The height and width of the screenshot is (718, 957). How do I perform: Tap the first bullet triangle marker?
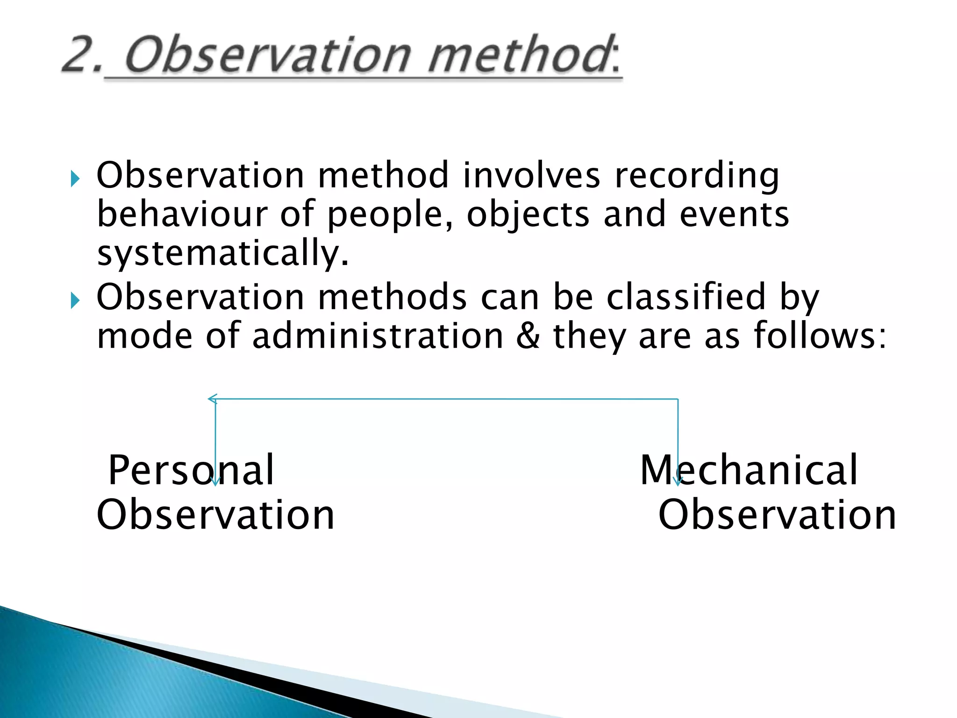[x=75, y=178]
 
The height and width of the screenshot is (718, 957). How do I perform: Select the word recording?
[x=696, y=177]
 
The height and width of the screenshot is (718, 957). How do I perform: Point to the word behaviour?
[x=182, y=214]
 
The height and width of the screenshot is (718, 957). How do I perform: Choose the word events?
[x=734, y=214]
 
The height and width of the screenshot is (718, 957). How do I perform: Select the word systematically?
[x=222, y=254]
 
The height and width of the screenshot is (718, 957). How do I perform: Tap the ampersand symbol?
[x=528, y=336]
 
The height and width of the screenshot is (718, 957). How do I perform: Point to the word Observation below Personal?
[x=215, y=514]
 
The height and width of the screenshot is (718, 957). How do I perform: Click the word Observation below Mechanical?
[x=777, y=514]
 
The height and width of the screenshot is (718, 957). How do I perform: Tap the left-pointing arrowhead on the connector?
[x=212, y=399]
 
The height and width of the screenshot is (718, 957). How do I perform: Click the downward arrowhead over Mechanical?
[x=678, y=481]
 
